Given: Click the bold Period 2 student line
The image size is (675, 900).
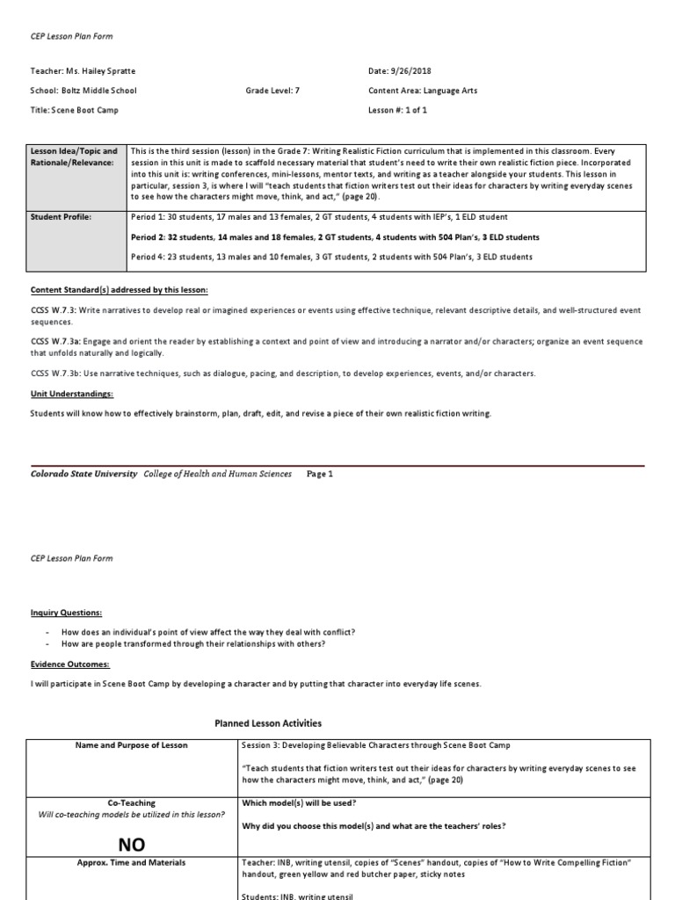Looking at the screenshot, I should click(335, 237).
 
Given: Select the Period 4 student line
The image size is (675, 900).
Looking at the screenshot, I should click(331, 257).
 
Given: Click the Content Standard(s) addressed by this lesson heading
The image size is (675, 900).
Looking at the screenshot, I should click(119, 290).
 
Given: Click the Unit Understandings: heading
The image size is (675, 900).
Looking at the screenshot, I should click(72, 395).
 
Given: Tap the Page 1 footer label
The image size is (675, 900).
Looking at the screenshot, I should click(320, 474).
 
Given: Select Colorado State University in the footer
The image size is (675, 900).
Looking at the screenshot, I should click(83, 474).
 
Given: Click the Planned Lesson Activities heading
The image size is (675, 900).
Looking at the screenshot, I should click(268, 723).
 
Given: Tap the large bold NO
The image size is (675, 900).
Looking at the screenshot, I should click(132, 845).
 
